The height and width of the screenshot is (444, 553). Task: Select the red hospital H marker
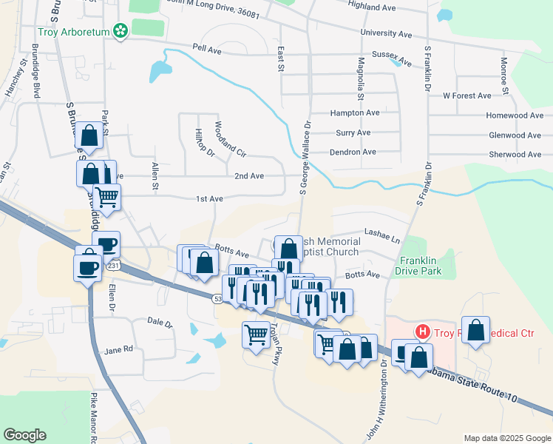pyautogui.click(x=421, y=332)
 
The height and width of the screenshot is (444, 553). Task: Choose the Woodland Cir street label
pyautogui.click(x=229, y=139)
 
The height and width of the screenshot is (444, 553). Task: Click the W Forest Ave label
pyautogui.click(x=467, y=95)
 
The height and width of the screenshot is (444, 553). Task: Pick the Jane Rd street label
pyautogui.click(x=118, y=349)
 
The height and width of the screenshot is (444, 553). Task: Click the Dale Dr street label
pyautogui.click(x=159, y=323)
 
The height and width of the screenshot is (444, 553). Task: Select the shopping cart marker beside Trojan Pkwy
pyautogui.click(x=256, y=334)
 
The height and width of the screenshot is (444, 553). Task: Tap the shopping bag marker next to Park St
pyautogui.click(x=89, y=135)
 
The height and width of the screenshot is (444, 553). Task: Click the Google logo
pyautogui.click(x=24, y=435)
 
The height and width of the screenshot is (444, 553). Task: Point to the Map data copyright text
pyautogui.click(x=507, y=437)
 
